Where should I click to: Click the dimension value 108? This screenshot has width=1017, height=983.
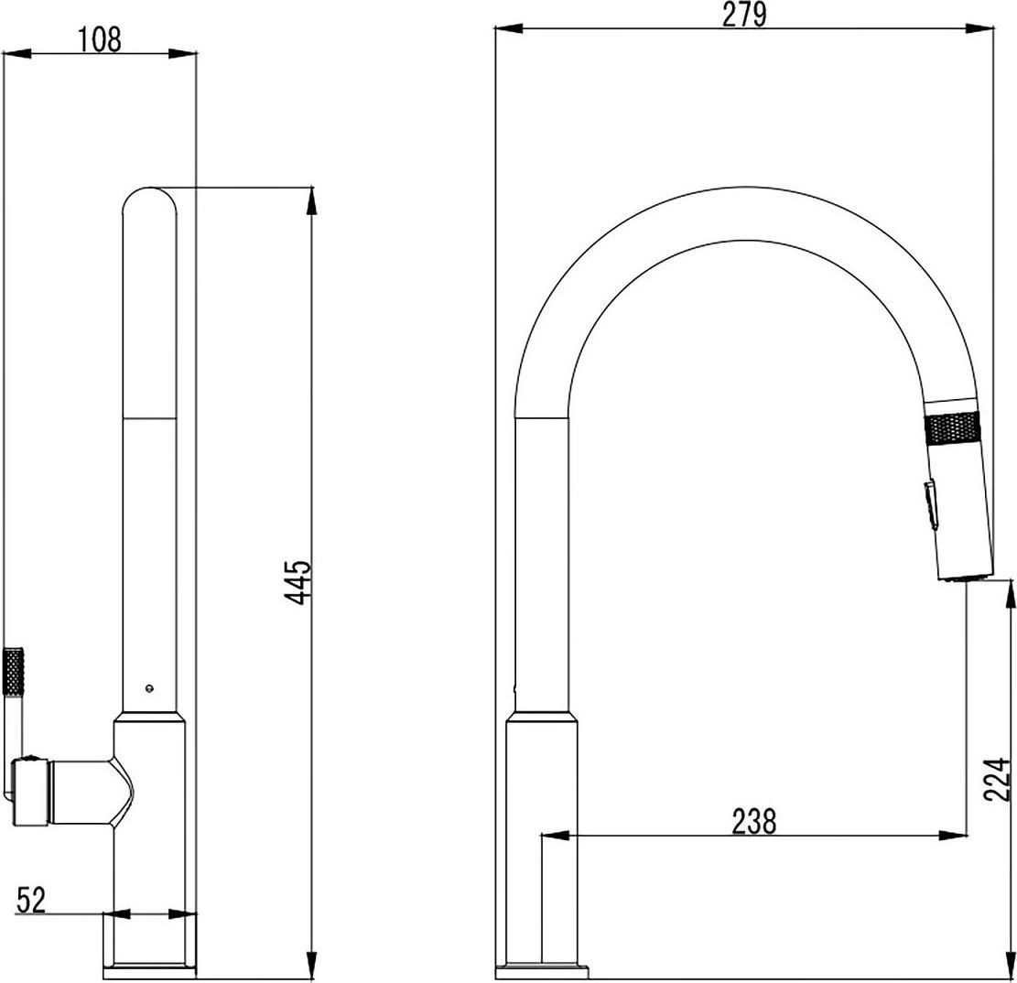coord(99,39)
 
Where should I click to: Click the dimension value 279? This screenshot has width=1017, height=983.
coord(744,15)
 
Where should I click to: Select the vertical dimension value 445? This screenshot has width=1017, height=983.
coord(299,581)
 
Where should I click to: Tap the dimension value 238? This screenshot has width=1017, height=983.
coord(753,821)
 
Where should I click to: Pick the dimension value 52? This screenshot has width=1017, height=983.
coord(32,900)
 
